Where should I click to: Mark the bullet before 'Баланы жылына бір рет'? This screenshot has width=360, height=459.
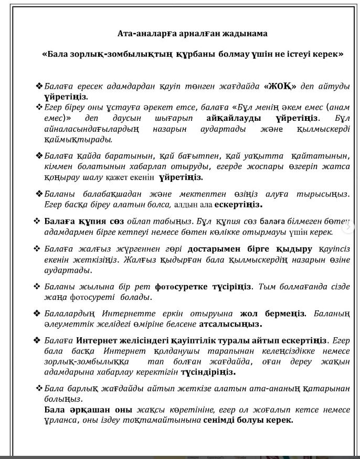(37, 287)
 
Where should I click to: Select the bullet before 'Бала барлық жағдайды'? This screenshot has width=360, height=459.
(38, 388)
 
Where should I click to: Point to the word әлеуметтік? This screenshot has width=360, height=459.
(67, 324)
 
